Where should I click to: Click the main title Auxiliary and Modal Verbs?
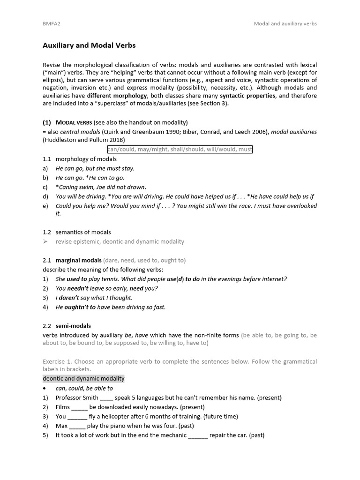(x=89, y=45)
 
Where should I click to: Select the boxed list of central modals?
(x=180, y=149)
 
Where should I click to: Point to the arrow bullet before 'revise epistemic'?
(x=45, y=242)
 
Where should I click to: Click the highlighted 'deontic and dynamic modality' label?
(x=83, y=378)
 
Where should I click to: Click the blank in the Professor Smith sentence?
(x=106, y=398)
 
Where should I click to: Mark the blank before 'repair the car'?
(x=198, y=435)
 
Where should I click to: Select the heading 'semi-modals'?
(x=73, y=325)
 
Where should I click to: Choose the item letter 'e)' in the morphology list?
(x=45, y=206)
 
